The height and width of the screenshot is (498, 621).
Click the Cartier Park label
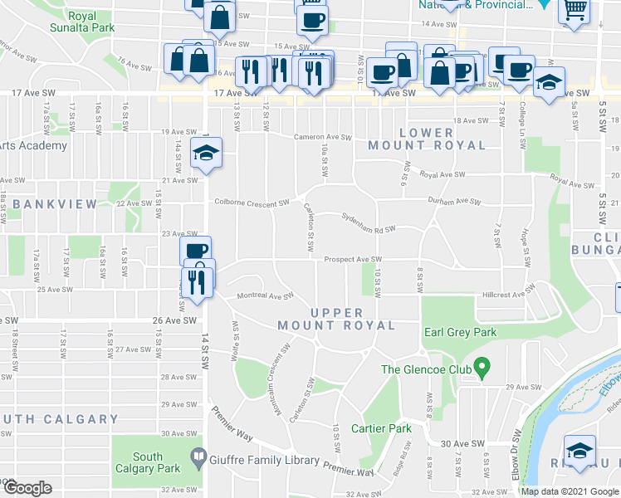pyautogui.click(x=381, y=428)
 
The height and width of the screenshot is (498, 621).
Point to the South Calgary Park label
pyautogui.click(x=148, y=462)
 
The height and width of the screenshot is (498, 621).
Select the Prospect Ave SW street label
pyautogui.click(x=352, y=260)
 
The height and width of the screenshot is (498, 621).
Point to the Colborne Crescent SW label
pyautogui.click(x=252, y=202)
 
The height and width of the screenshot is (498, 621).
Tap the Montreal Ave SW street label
pyautogui.click(x=266, y=295)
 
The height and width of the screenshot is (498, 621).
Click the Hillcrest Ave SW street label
pyautogui.click(x=511, y=295)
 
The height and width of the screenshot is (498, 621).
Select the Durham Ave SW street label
pyautogui.click(x=454, y=201)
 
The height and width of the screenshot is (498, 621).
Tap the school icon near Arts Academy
pyautogui.click(x=205, y=154)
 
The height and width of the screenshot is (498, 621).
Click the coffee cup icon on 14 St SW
pyautogui.click(x=195, y=251)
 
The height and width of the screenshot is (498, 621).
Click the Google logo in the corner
pyautogui.click(x=27, y=488)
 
